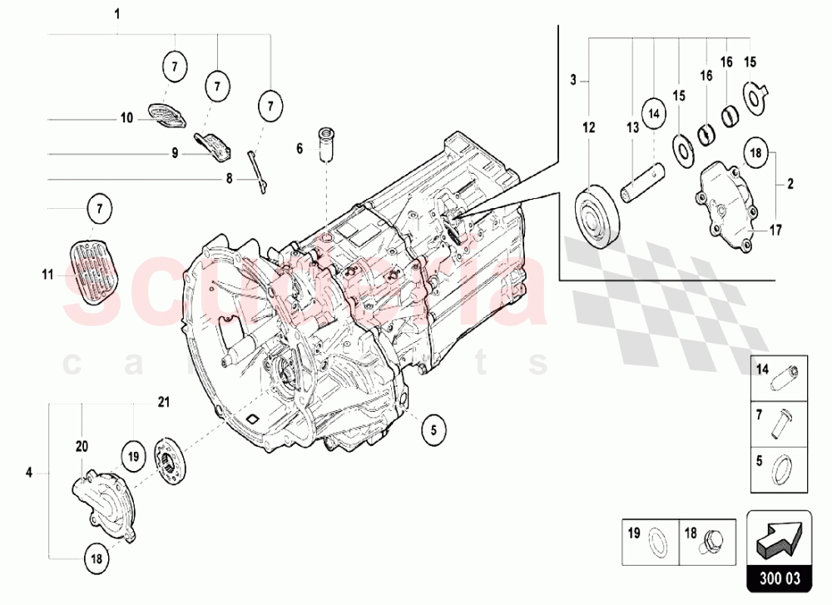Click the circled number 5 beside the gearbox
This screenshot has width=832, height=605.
point(433,429)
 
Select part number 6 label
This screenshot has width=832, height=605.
point(299,149)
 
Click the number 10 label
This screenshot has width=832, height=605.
point(126,119)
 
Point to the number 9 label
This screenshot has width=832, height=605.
point(176,152)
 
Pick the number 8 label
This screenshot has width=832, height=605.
point(230,178)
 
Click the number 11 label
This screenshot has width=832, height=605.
point(48,274)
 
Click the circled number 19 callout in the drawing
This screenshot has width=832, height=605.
point(132,455)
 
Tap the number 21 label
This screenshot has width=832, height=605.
point(164,403)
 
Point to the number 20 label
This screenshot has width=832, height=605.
point(82,446)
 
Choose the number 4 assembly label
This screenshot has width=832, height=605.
point(29,474)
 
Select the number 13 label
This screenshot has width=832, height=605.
point(632,127)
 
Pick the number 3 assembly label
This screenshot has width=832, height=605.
point(573,81)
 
